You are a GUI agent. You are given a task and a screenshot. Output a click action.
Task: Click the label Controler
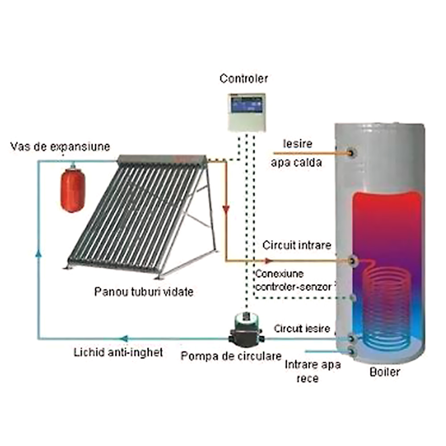pos(244,79)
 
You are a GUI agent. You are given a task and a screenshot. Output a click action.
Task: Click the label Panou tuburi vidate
pos(144,292)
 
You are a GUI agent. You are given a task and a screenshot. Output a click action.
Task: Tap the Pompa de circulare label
pos(231,356)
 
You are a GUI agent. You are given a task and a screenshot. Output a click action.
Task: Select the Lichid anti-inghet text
pos(118,352)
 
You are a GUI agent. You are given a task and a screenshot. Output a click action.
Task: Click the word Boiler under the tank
pos(384,372)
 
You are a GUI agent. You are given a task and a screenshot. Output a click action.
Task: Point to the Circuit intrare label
pos(297,245)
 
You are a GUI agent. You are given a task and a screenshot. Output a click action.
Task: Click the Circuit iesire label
pos(302,329)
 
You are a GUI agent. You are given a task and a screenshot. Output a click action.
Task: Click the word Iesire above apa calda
pos(297,144)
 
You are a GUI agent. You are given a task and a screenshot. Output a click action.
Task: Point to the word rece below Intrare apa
pos(307,379)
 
